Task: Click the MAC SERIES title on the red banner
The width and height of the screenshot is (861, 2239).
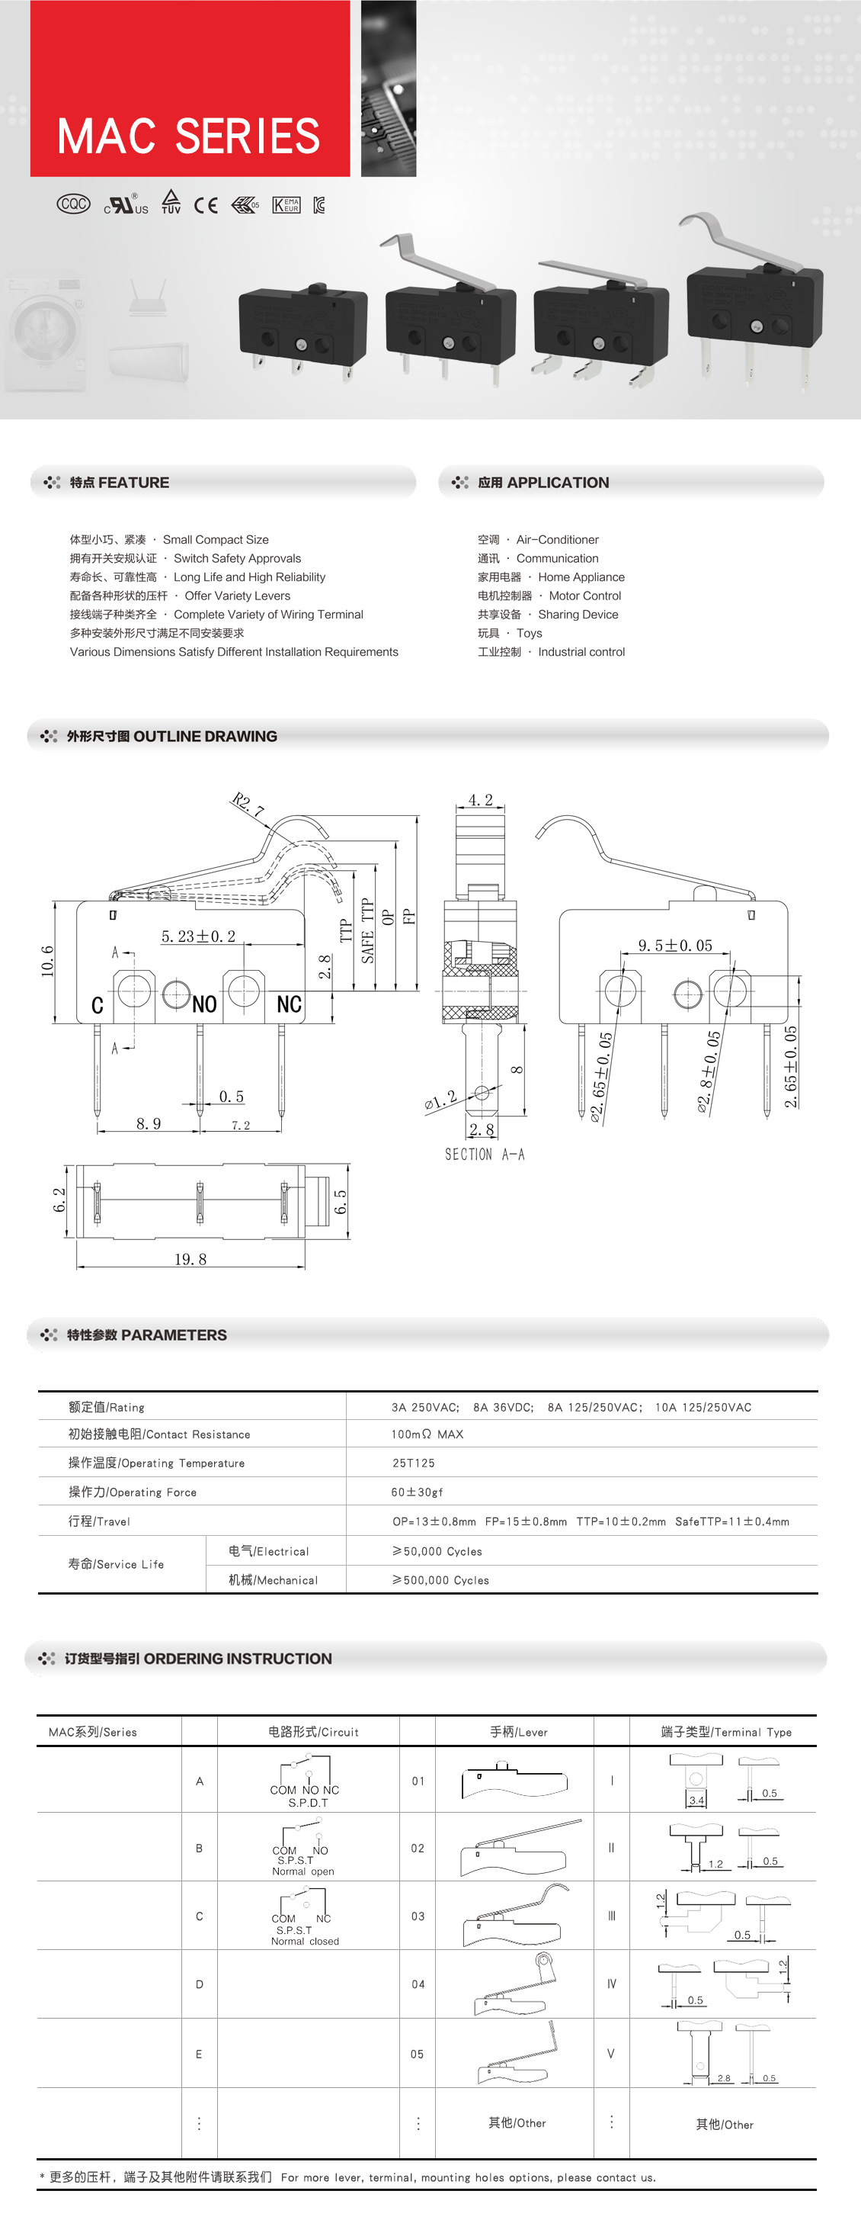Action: [x=188, y=137]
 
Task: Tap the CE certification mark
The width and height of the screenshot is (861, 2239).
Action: [x=206, y=205]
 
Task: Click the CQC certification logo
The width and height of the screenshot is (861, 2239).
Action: [x=73, y=204]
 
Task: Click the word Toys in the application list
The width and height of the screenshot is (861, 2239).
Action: [x=529, y=633]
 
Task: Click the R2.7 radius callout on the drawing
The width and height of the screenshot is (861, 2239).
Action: [x=248, y=804]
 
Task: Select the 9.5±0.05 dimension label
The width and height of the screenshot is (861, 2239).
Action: [x=675, y=946]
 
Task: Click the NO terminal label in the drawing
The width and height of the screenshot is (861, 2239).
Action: [x=204, y=1005]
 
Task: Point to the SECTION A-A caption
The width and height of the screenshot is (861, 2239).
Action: [x=485, y=1155]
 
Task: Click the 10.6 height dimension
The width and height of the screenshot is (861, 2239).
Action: [x=48, y=962]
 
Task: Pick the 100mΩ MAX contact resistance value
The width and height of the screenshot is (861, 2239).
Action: [x=427, y=1434]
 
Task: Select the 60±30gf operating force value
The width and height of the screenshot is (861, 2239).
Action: [x=417, y=1492]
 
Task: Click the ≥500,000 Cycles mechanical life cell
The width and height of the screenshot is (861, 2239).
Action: [x=440, y=1580]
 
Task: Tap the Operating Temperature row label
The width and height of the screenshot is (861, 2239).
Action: [x=156, y=1463]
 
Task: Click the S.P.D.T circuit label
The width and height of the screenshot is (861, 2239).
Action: [x=308, y=1803]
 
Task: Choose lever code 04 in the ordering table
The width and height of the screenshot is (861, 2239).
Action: [x=418, y=1984]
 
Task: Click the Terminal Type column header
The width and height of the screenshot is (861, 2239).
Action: [x=725, y=1733]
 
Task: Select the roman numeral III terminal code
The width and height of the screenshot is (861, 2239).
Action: [x=612, y=1916]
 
